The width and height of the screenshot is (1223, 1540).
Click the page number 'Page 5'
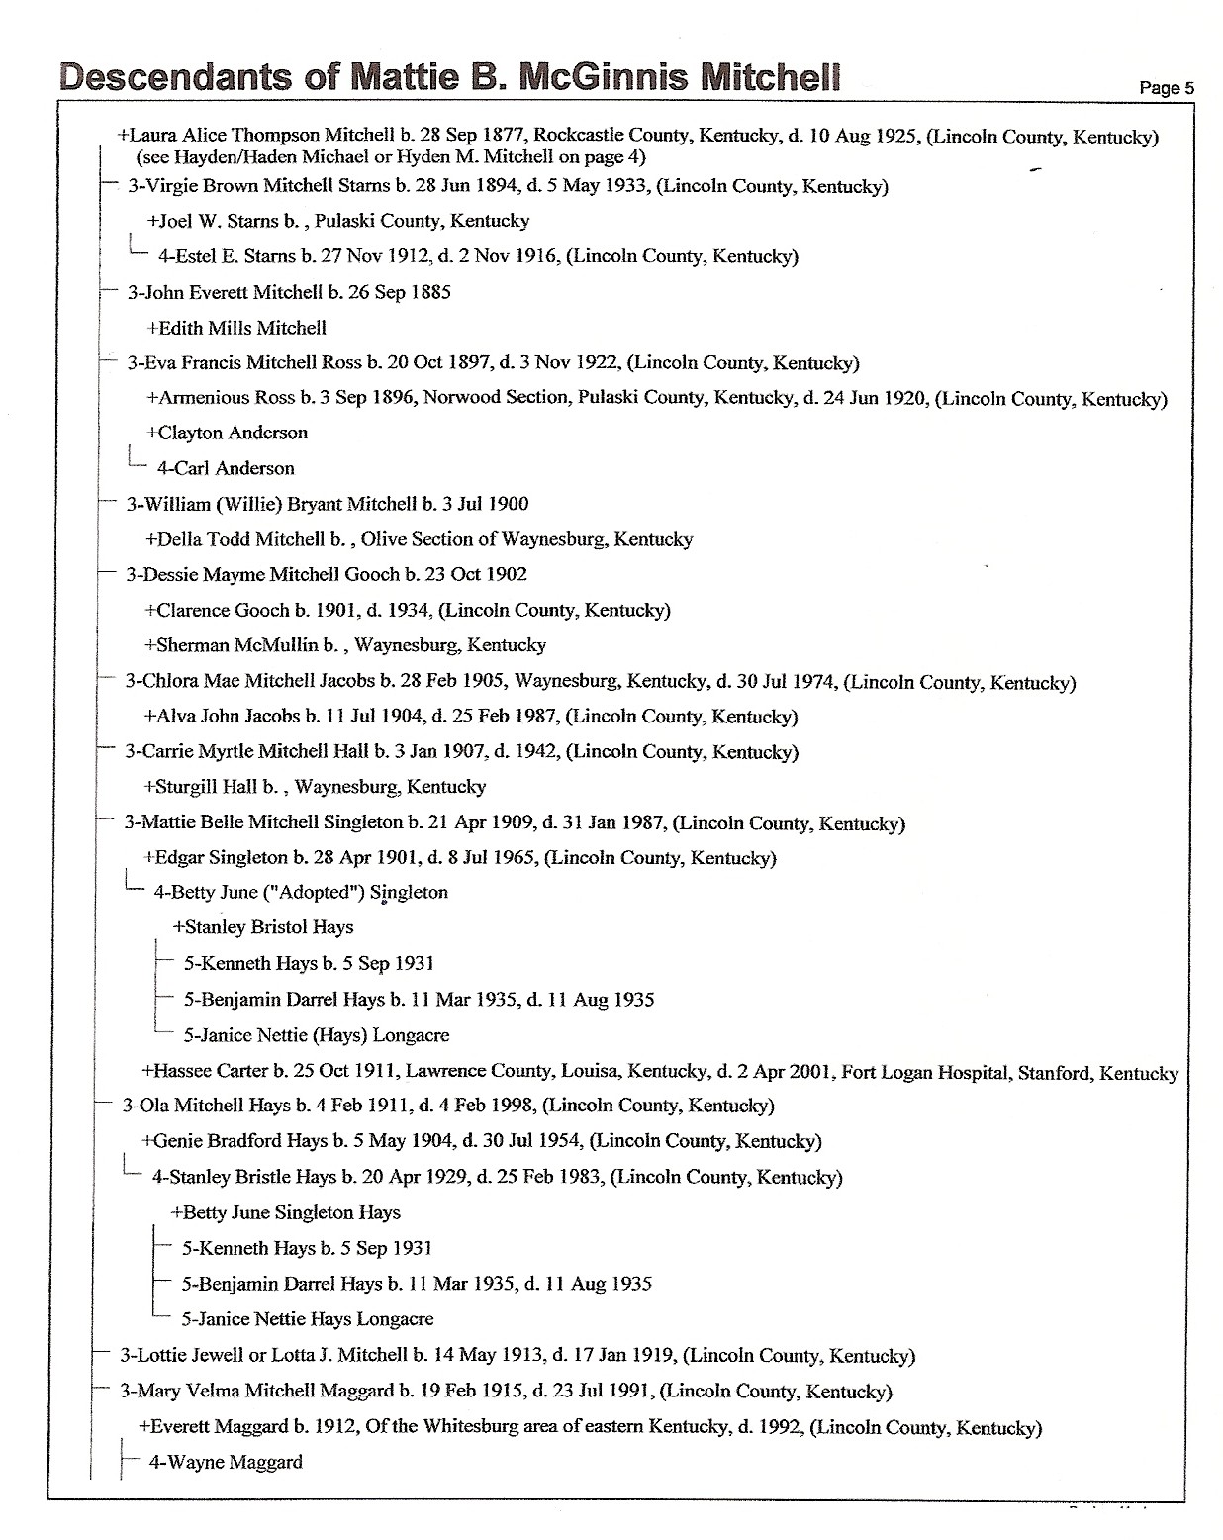coord(1166,88)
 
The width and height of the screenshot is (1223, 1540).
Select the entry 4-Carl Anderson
coord(226,468)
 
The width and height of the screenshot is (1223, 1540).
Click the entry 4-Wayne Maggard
coord(226,1462)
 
